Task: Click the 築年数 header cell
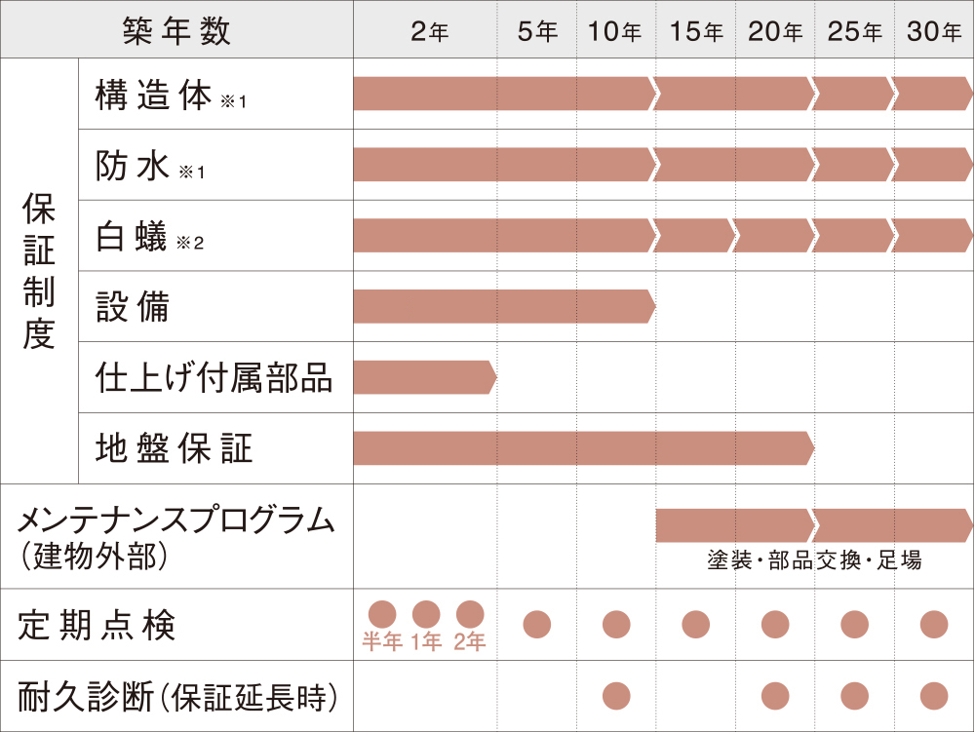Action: pyautogui.click(x=176, y=30)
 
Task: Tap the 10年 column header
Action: pyautogui.click(x=615, y=31)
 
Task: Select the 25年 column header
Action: pyautogui.click(x=854, y=31)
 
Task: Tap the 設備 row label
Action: pyautogui.click(x=133, y=307)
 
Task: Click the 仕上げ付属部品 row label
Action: pyautogui.click(x=214, y=378)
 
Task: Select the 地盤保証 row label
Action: pyautogui.click(x=175, y=449)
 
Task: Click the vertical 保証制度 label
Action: pyautogui.click(x=39, y=272)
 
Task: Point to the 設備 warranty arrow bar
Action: pyautogui.click(x=502, y=307)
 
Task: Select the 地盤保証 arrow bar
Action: pyautogui.click(x=582, y=449)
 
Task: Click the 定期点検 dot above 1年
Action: pyautogui.click(x=426, y=614)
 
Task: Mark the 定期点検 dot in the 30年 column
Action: pyautogui.click(x=934, y=624)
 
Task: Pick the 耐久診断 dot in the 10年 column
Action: pyautogui.click(x=616, y=696)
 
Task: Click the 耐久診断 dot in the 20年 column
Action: pyautogui.click(x=775, y=696)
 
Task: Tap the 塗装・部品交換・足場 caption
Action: pyautogui.click(x=814, y=561)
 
